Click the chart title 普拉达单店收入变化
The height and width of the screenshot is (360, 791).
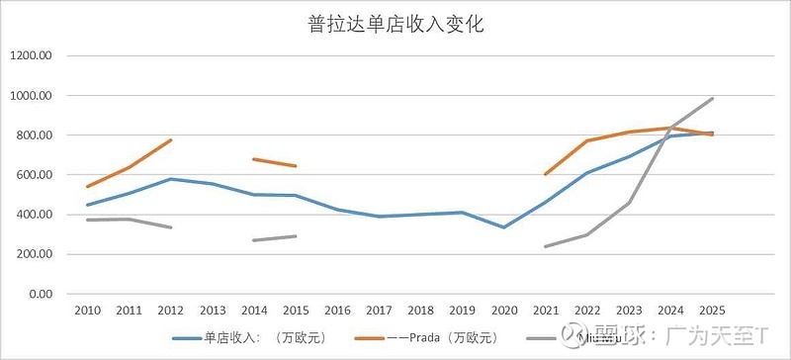tap(395, 25)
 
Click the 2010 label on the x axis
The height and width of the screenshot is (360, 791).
tap(87, 311)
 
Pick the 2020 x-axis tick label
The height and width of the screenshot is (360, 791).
tap(504, 311)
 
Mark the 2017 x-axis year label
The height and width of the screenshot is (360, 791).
tap(380, 311)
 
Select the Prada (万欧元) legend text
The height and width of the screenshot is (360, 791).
tap(446, 337)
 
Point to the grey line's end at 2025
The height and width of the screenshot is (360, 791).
tap(712, 99)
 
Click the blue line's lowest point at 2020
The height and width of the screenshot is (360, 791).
tap(504, 227)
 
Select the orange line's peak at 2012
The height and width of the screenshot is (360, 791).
tap(171, 139)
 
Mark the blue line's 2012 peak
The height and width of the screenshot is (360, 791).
tap(171, 179)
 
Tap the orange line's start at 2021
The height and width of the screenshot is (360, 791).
tap(546, 174)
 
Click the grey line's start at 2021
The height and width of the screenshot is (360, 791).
tap(546, 246)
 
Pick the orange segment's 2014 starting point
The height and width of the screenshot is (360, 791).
tap(254, 159)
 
